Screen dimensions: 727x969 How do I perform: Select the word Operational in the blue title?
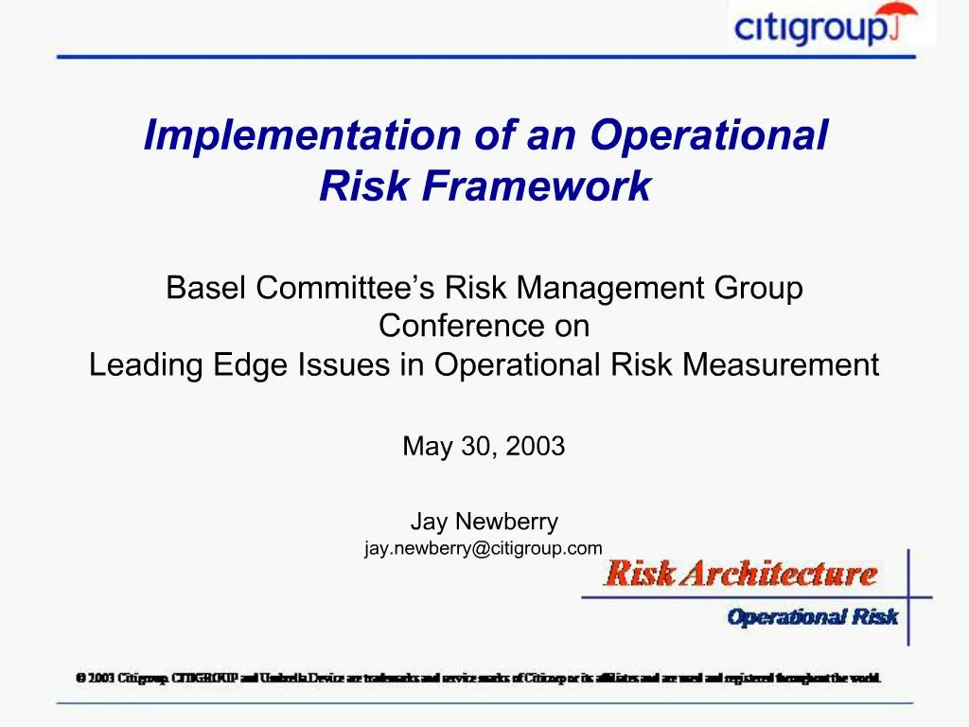pos(709,135)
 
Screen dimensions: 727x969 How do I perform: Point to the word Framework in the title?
pos(537,186)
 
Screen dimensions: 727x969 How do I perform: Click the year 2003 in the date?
pos(535,447)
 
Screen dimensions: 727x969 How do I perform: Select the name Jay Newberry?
pos(484,522)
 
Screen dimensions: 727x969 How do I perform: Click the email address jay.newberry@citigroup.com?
pos(484,548)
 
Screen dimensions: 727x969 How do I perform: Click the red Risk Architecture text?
pos(740,573)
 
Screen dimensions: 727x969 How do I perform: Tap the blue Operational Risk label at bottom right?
pos(812,617)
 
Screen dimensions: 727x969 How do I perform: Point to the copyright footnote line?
pos(479,678)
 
